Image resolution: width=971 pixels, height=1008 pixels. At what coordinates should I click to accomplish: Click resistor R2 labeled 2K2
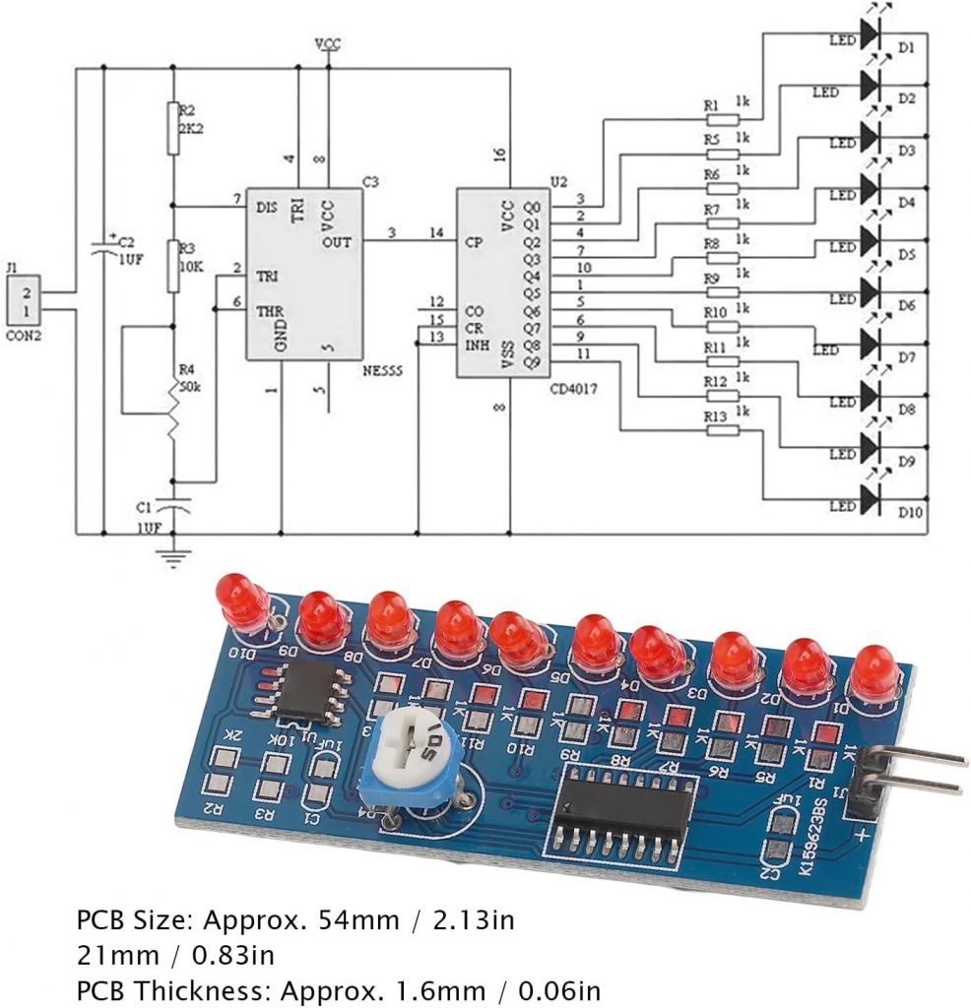(x=174, y=128)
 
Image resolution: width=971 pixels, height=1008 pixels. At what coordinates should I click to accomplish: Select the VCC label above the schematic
(x=328, y=45)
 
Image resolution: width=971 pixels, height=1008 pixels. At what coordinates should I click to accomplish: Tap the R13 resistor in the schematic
(x=724, y=430)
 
